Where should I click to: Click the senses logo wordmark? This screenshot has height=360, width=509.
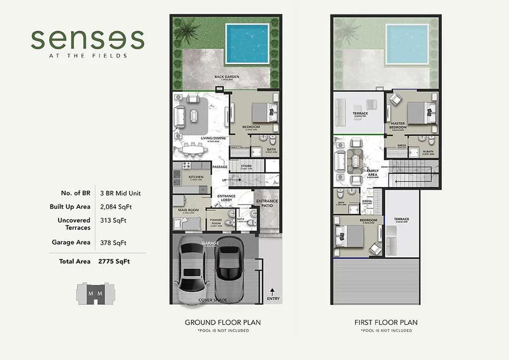point(87,39)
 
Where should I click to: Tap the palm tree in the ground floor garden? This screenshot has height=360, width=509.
point(187,32)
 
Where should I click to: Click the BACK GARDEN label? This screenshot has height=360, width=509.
point(227,77)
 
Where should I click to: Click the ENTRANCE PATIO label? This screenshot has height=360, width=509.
point(267,203)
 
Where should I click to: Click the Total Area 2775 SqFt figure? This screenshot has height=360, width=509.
point(114,261)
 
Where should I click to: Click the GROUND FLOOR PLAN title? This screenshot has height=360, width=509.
point(223,322)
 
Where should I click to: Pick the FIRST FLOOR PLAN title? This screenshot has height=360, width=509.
point(386,322)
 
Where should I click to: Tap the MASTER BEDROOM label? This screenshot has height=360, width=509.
point(398,125)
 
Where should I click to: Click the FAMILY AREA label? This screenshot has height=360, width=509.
point(373,173)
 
